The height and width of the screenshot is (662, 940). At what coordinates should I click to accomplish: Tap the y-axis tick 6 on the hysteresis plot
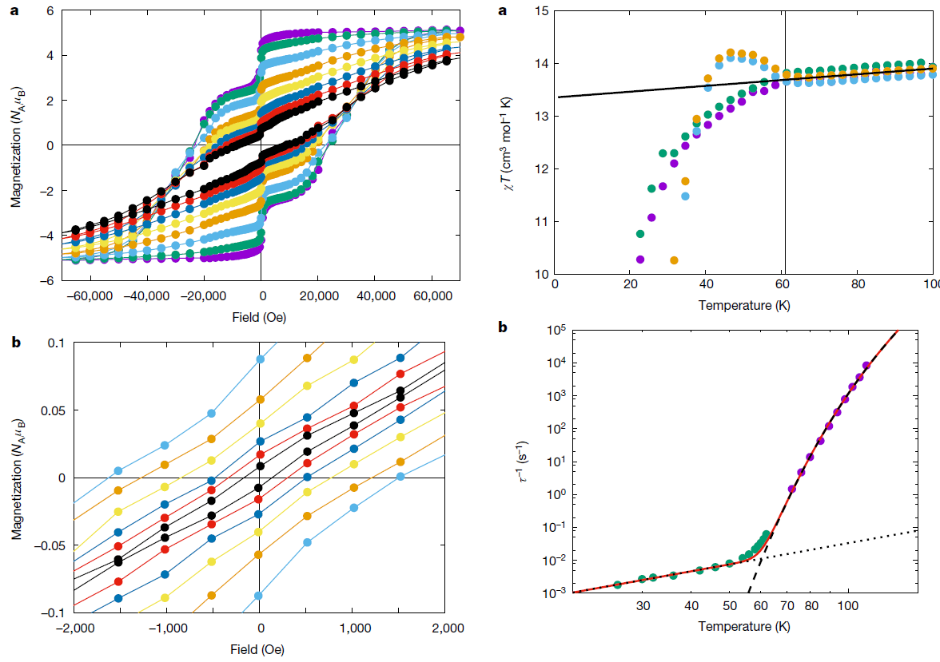click(x=50, y=11)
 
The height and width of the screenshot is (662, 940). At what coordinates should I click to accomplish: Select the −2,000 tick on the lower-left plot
click(x=74, y=628)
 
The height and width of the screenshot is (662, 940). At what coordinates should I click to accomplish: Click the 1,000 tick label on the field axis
click(x=352, y=628)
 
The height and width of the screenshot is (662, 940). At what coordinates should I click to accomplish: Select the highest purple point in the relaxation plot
click(x=866, y=365)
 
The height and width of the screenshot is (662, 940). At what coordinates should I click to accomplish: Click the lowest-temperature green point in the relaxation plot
click(x=617, y=585)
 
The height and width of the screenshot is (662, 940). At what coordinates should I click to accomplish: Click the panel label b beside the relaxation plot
click(x=503, y=327)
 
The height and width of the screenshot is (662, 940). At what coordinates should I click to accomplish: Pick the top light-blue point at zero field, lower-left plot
click(x=261, y=359)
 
